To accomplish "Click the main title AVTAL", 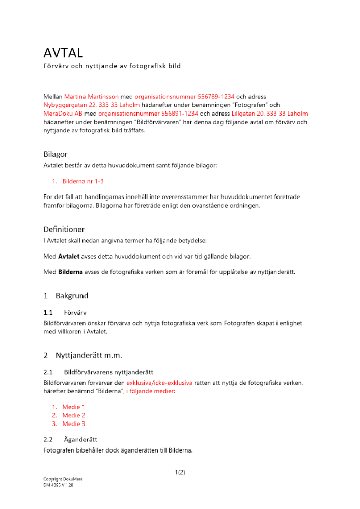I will click(x=63, y=52).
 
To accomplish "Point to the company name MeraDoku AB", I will click(x=63, y=114).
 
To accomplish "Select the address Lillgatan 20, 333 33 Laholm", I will click(x=269, y=114).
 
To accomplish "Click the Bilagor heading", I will click(x=55, y=154).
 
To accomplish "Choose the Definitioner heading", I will click(x=64, y=229).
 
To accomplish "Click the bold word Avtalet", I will click(x=69, y=256).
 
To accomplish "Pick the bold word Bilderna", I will click(x=70, y=272).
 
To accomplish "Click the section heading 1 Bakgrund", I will click(x=66, y=296).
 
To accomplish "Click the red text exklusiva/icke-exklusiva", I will click(x=159, y=383).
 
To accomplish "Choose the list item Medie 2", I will click(x=73, y=415).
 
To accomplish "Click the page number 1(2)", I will click(x=180, y=472).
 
